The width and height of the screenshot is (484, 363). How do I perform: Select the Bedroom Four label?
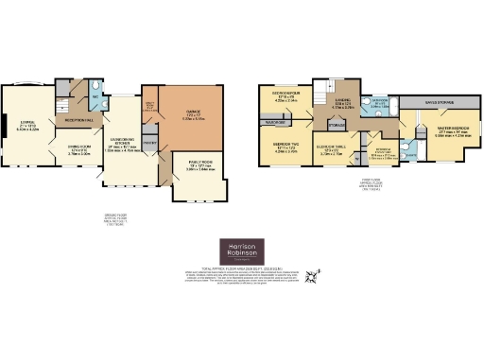[x=286, y=97]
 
